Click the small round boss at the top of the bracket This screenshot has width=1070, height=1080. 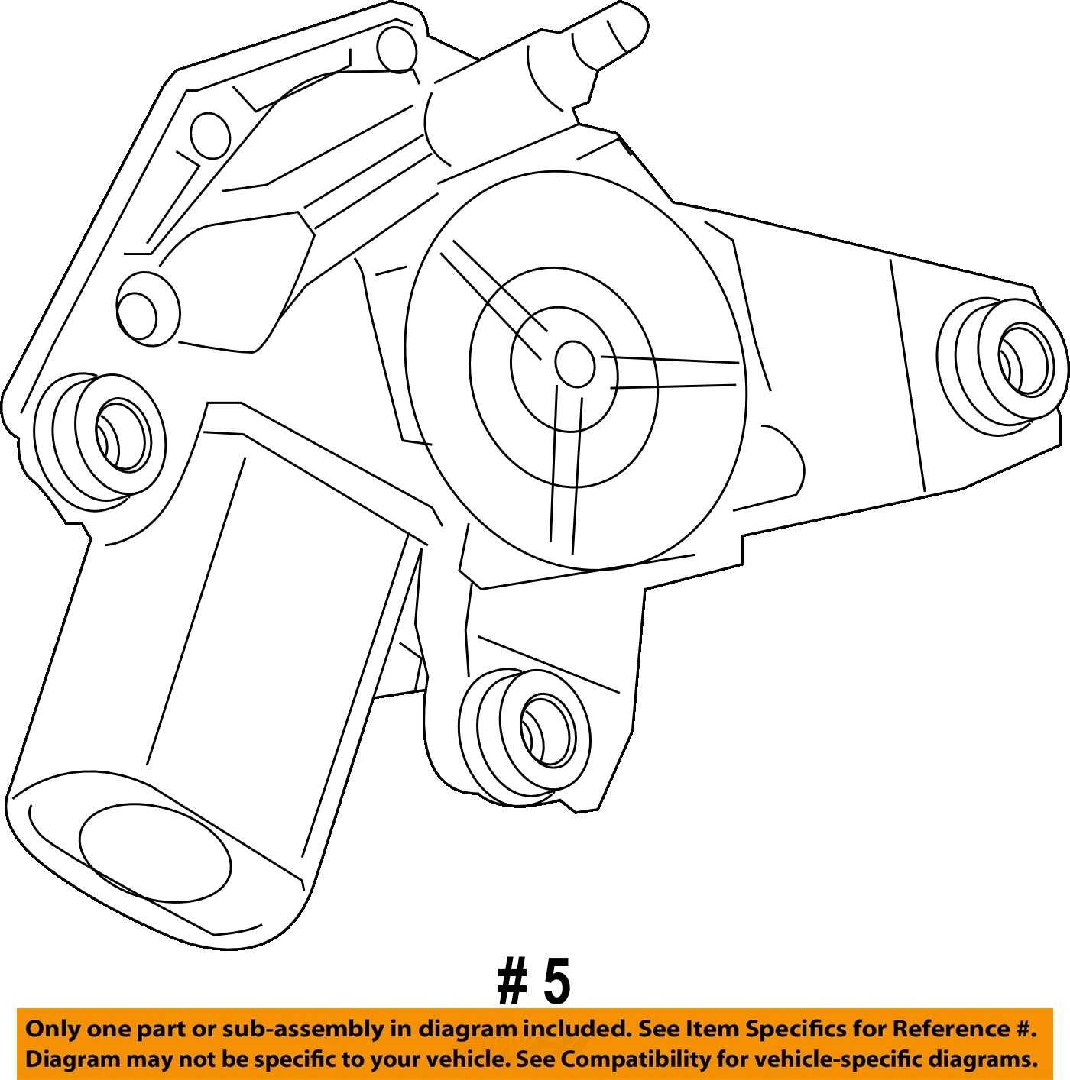click(x=397, y=50)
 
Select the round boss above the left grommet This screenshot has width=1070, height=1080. click(x=148, y=306)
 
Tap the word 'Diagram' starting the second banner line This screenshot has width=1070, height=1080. click(x=72, y=1060)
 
